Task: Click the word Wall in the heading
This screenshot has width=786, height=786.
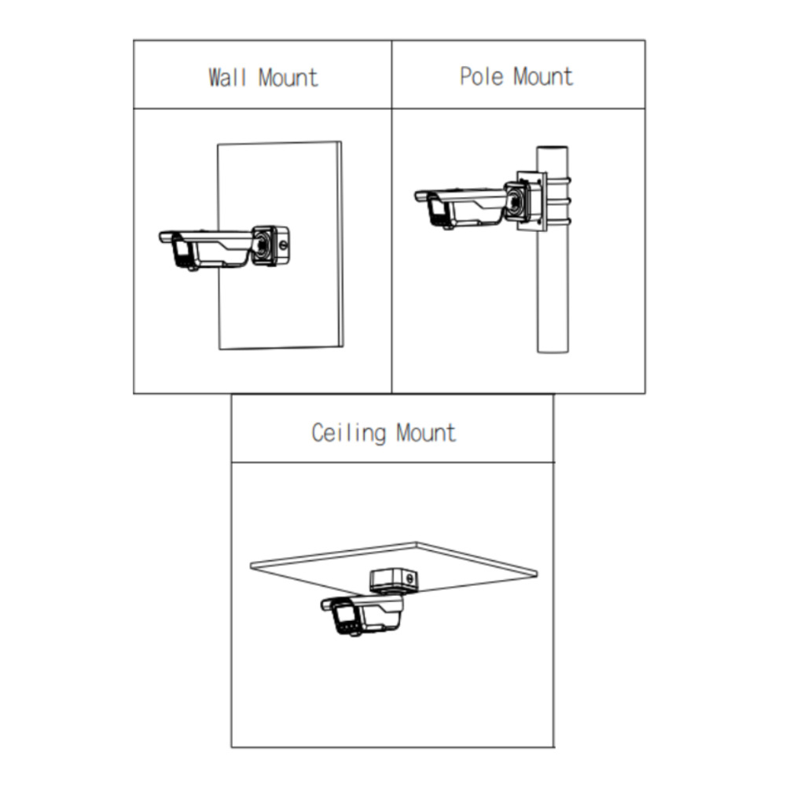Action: click(x=227, y=78)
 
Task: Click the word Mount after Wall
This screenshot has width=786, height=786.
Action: click(x=288, y=78)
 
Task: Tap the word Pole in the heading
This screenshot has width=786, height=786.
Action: click(x=482, y=76)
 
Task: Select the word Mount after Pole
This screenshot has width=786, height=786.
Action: click(x=543, y=76)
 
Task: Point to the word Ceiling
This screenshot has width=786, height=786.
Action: click(x=349, y=433)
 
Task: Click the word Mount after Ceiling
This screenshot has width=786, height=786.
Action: click(x=426, y=433)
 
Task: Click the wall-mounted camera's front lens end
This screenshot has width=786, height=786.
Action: click(x=182, y=253)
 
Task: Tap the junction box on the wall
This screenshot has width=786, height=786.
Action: click(x=270, y=245)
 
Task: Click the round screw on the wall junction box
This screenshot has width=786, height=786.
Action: click(x=283, y=245)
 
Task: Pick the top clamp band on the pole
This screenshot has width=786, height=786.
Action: click(x=558, y=180)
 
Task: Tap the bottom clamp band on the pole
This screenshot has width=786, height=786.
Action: click(x=558, y=222)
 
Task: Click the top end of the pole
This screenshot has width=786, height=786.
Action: click(x=553, y=148)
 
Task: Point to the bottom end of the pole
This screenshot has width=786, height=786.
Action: click(x=553, y=351)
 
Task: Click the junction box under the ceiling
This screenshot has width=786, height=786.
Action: click(x=394, y=581)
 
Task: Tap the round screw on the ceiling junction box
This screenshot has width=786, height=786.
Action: click(x=410, y=579)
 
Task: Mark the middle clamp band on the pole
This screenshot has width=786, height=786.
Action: click(x=558, y=201)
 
